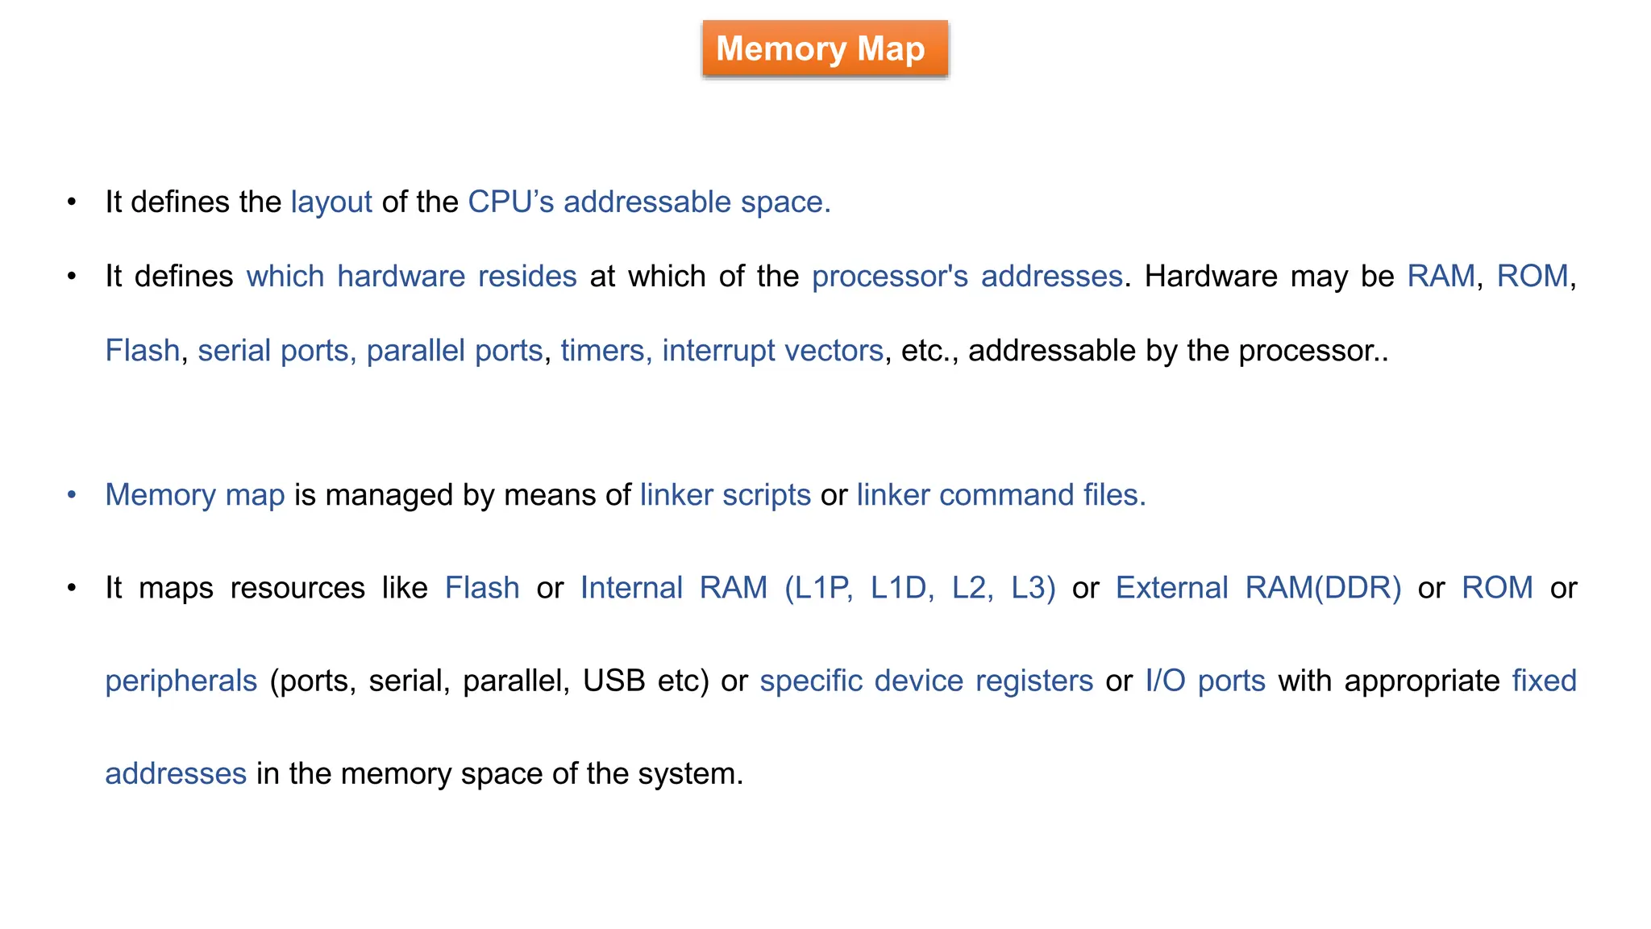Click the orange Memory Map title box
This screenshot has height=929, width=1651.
point(825,49)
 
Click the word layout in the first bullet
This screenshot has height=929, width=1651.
point(331,202)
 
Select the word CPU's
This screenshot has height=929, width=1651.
point(510,202)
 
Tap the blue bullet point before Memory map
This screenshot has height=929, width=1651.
point(72,495)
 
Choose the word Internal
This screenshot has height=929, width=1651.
point(631,588)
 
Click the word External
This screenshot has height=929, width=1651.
point(1171,588)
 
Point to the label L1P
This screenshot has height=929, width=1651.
point(819,588)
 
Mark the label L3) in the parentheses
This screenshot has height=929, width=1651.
point(1033,588)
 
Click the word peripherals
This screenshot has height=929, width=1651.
point(181,681)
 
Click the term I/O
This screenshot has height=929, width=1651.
point(1165,681)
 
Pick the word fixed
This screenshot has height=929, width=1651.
point(1544,681)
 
